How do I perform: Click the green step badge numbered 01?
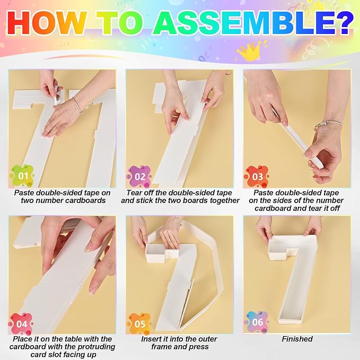[22, 176]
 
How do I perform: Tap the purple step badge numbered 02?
[139, 177]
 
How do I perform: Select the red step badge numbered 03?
[257, 177]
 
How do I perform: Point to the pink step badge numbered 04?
[21, 324]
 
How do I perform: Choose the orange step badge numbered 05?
[139, 324]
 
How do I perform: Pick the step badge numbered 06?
[257, 322]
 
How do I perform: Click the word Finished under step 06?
[297, 339]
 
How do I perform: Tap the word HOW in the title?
[46, 22]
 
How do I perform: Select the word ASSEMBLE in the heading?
[241, 22]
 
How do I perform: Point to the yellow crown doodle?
[251, 51]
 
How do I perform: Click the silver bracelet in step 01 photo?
[77, 105]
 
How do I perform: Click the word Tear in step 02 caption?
[134, 192]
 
